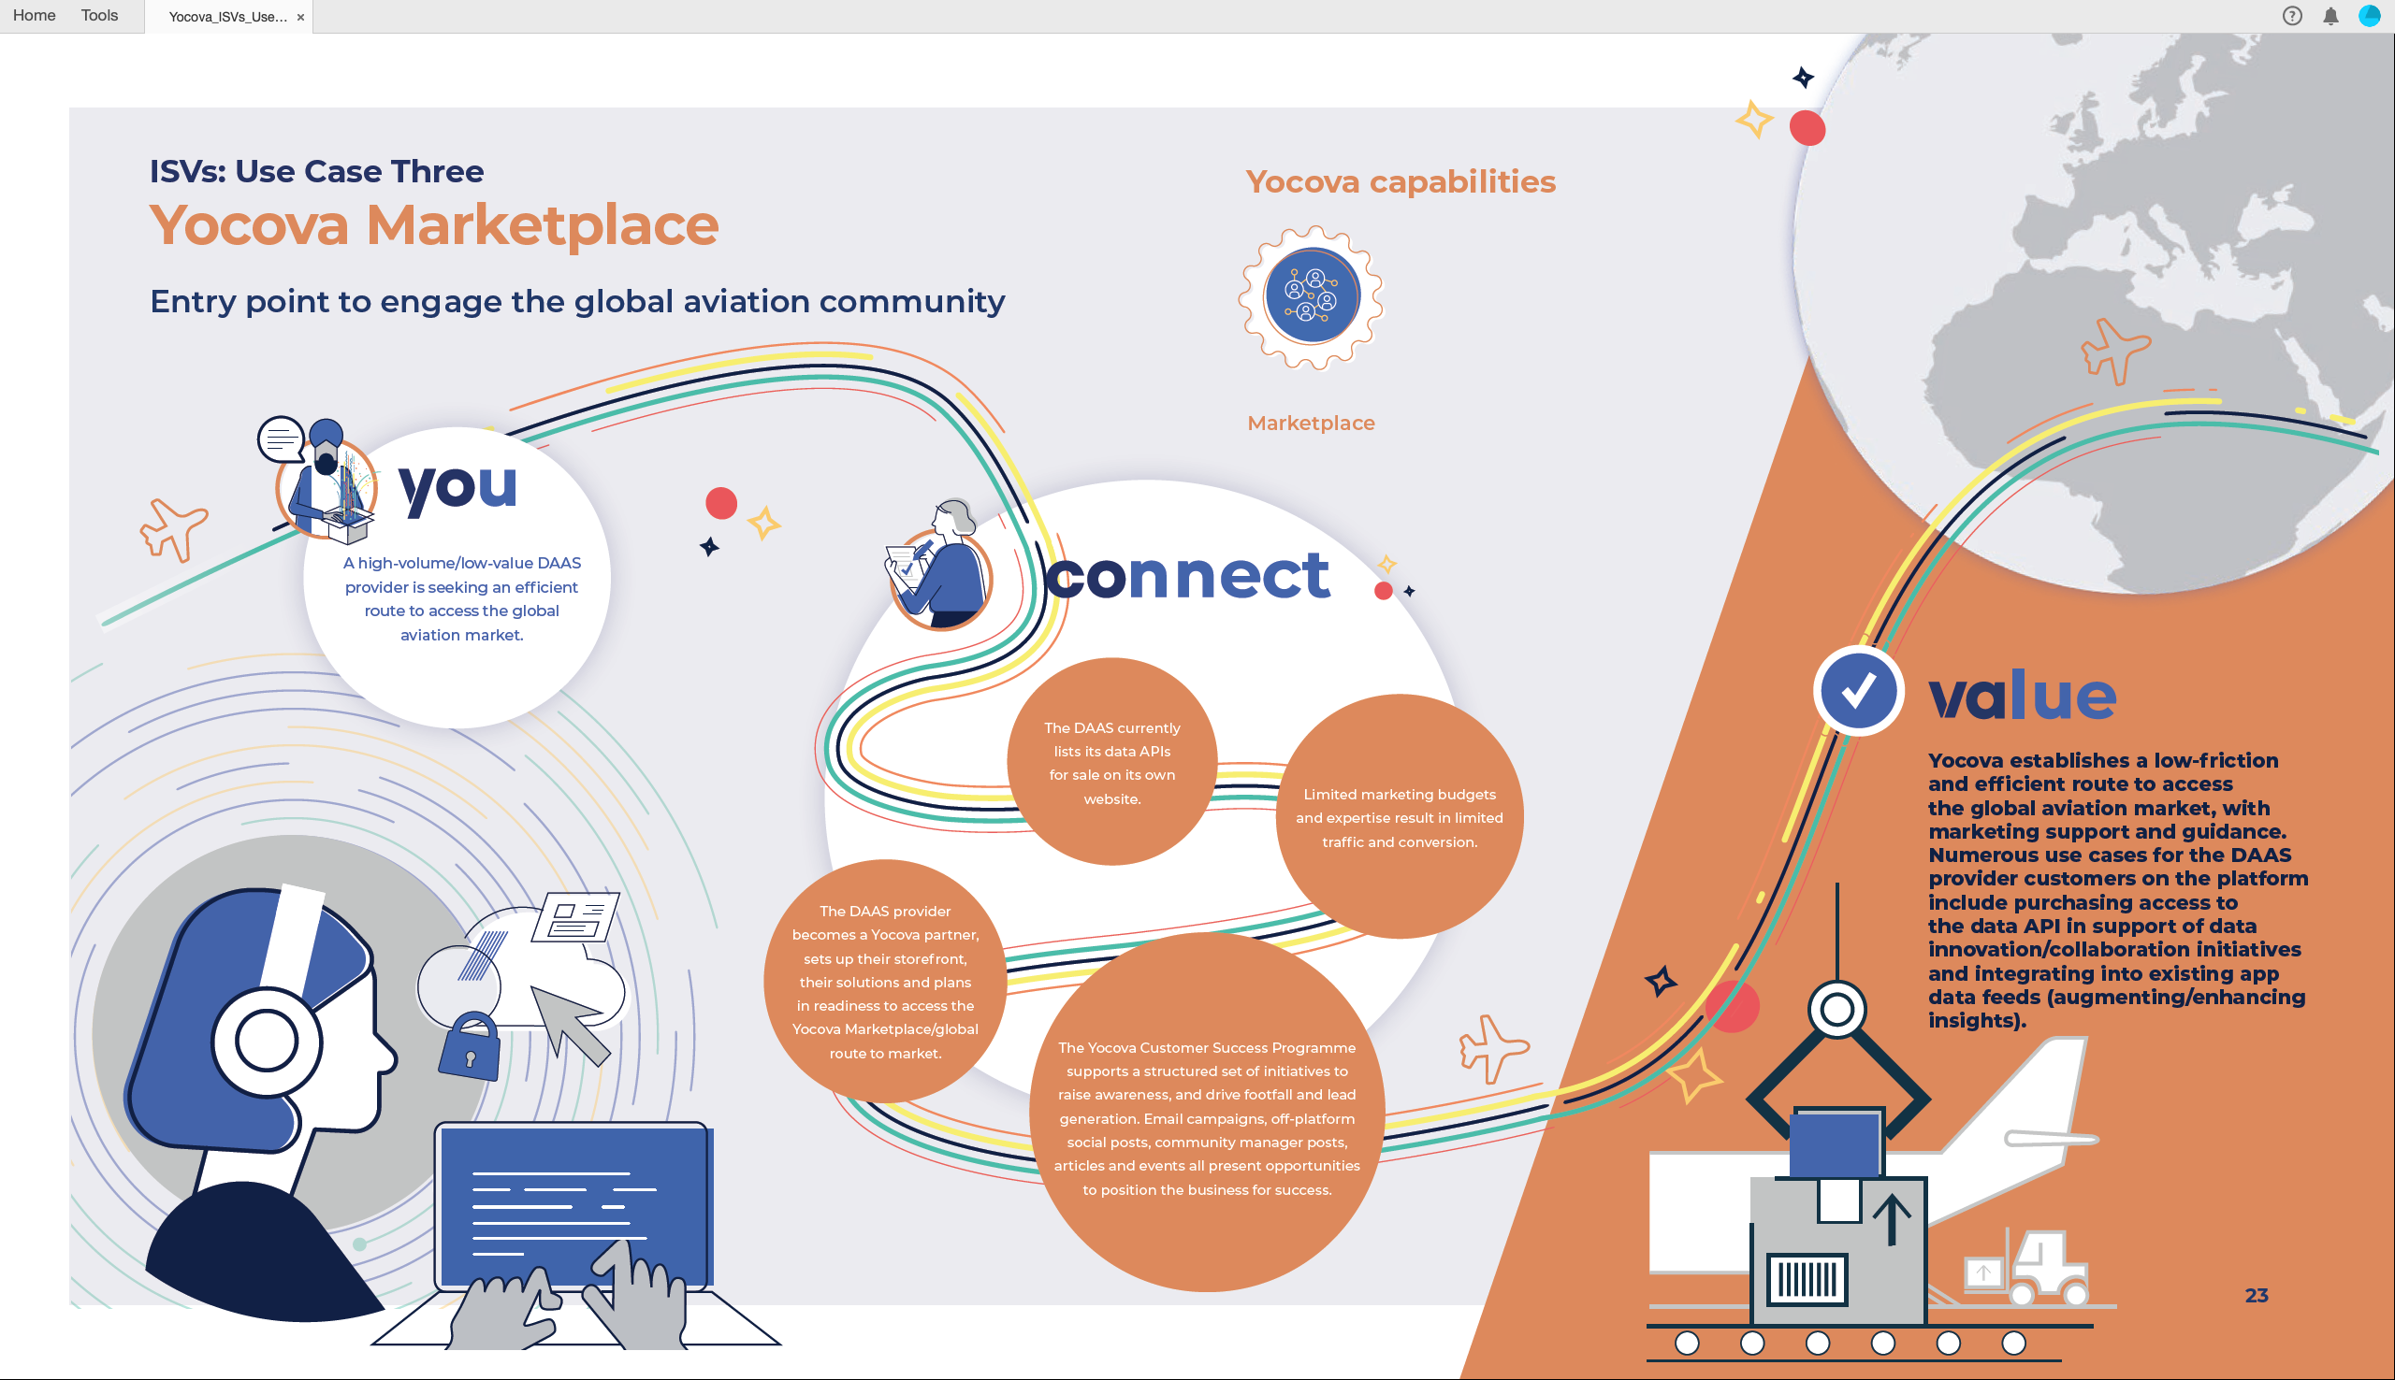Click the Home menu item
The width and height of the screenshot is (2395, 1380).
pyautogui.click(x=34, y=15)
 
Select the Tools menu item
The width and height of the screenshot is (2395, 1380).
pyautogui.click(x=99, y=15)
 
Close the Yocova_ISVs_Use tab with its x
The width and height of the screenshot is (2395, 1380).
pyautogui.click(x=300, y=17)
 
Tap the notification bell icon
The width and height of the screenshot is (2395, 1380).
pyautogui.click(x=2330, y=16)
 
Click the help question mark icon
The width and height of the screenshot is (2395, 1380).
pyautogui.click(x=2292, y=16)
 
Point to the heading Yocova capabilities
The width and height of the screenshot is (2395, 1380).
pyautogui.click(x=1401, y=181)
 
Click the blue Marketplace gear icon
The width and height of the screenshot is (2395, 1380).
pyautogui.click(x=1312, y=296)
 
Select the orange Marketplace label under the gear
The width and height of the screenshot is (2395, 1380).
pyautogui.click(x=1312, y=423)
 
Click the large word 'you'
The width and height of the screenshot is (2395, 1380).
pyautogui.click(x=458, y=488)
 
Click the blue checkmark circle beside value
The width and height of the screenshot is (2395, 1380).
pyautogui.click(x=1858, y=691)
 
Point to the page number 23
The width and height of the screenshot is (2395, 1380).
pyautogui.click(x=2257, y=1296)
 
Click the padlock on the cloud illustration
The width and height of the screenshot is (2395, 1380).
pyautogui.click(x=471, y=1046)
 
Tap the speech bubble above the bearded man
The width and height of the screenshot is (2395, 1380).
pyautogui.click(x=281, y=438)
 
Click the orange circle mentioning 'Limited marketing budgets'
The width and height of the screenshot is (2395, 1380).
pyautogui.click(x=1400, y=817)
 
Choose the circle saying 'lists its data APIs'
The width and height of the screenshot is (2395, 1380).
pyautogui.click(x=1112, y=762)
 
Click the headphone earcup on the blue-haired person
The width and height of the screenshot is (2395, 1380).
pyautogui.click(x=268, y=1040)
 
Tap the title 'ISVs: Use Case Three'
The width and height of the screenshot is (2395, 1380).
pyautogui.click(x=316, y=170)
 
